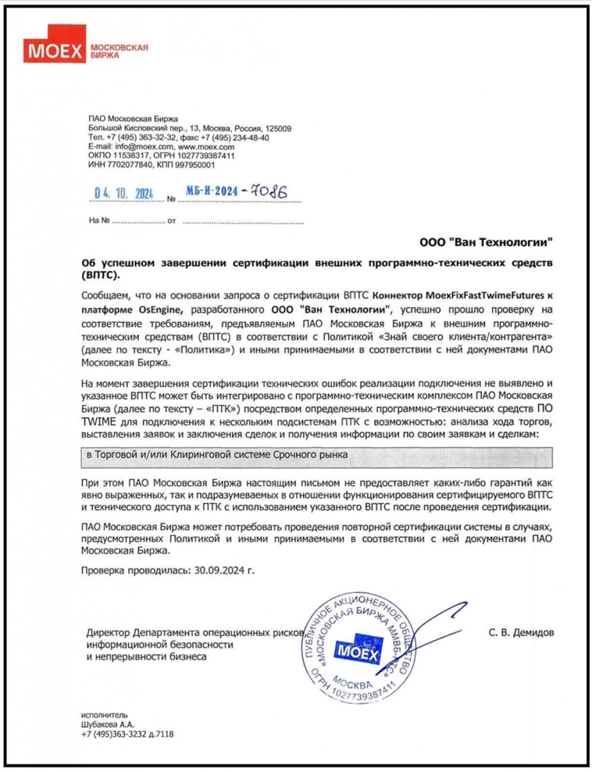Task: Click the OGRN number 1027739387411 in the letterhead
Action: (206, 155)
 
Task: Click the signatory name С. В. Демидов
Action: (521, 632)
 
